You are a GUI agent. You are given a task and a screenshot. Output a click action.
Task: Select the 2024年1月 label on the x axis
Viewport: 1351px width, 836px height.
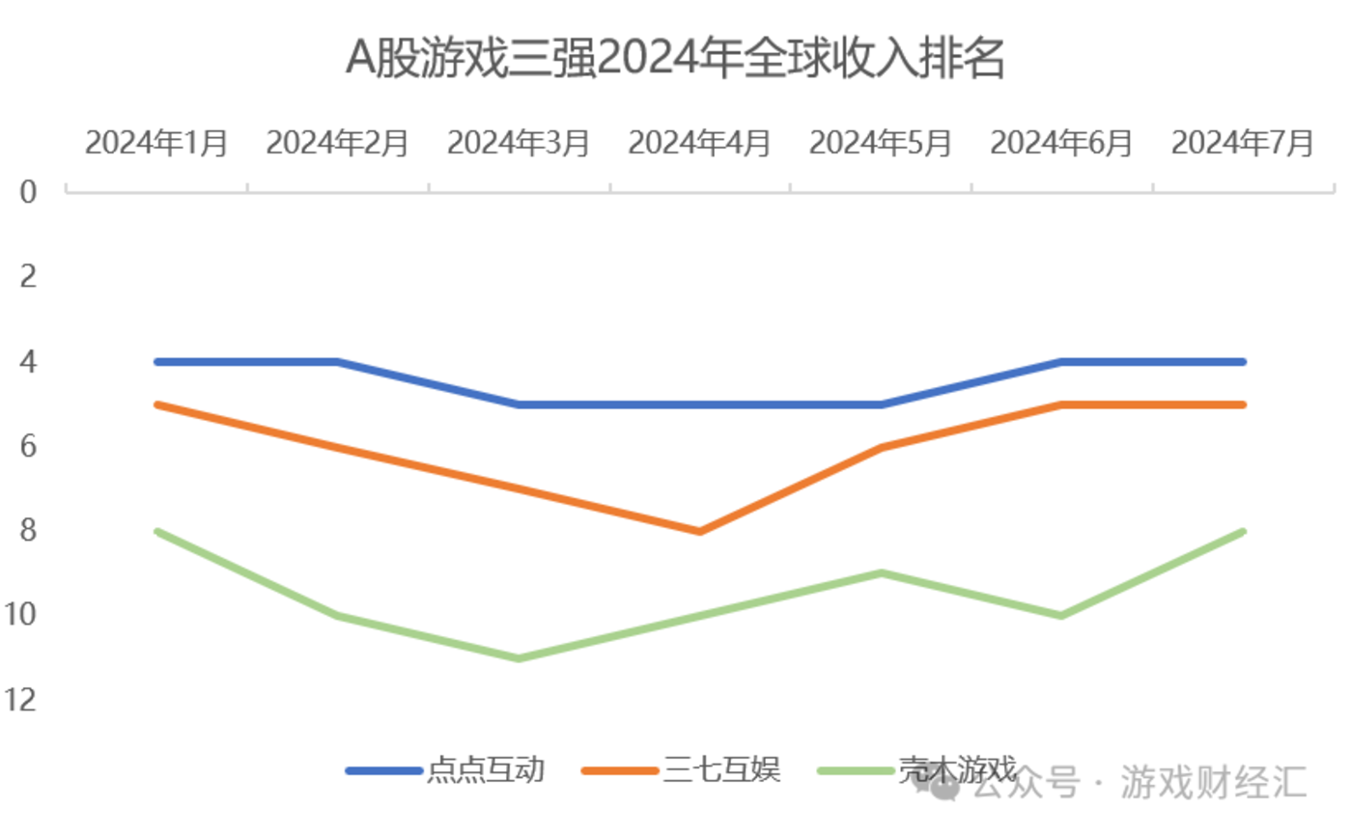[x=156, y=143]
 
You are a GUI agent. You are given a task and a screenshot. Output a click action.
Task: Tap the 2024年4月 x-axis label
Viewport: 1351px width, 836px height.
[x=700, y=143]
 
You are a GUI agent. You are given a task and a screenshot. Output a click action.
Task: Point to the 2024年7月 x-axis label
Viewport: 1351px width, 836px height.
[x=1243, y=143]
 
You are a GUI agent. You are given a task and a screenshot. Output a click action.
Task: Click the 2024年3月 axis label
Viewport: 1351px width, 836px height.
[x=519, y=143]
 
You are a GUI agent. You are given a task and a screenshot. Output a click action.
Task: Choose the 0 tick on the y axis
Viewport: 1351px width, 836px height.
[x=29, y=191]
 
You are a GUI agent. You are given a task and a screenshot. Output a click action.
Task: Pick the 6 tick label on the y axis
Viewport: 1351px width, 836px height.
[x=29, y=446]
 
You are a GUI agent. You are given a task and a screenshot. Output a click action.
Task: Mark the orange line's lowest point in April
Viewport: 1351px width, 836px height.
[x=699, y=531]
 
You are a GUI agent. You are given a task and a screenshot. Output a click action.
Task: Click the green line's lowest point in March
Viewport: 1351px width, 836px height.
[x=519, y=658]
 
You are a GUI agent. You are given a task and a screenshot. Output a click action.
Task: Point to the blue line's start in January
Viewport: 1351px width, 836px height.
[x=156, y=362]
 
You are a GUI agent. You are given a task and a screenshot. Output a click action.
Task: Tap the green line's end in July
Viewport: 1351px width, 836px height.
[x=1243, y=531]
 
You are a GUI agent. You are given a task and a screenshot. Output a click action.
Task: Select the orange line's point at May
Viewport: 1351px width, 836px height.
[x=881, y=447]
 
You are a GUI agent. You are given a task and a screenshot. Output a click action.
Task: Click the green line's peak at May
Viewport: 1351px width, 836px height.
[x=881, y=573]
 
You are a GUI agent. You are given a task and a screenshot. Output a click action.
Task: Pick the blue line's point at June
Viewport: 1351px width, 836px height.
[x=1062, y=362]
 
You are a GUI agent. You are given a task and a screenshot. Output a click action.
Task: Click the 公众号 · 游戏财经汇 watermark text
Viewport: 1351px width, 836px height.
[x=1140, y=783]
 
